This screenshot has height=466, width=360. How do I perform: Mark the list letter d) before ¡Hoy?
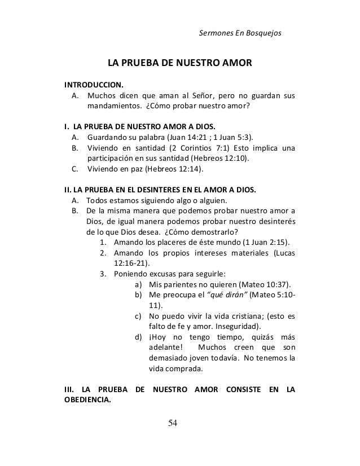click(138, 337)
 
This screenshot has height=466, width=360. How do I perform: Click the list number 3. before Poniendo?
click(104, 274)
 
